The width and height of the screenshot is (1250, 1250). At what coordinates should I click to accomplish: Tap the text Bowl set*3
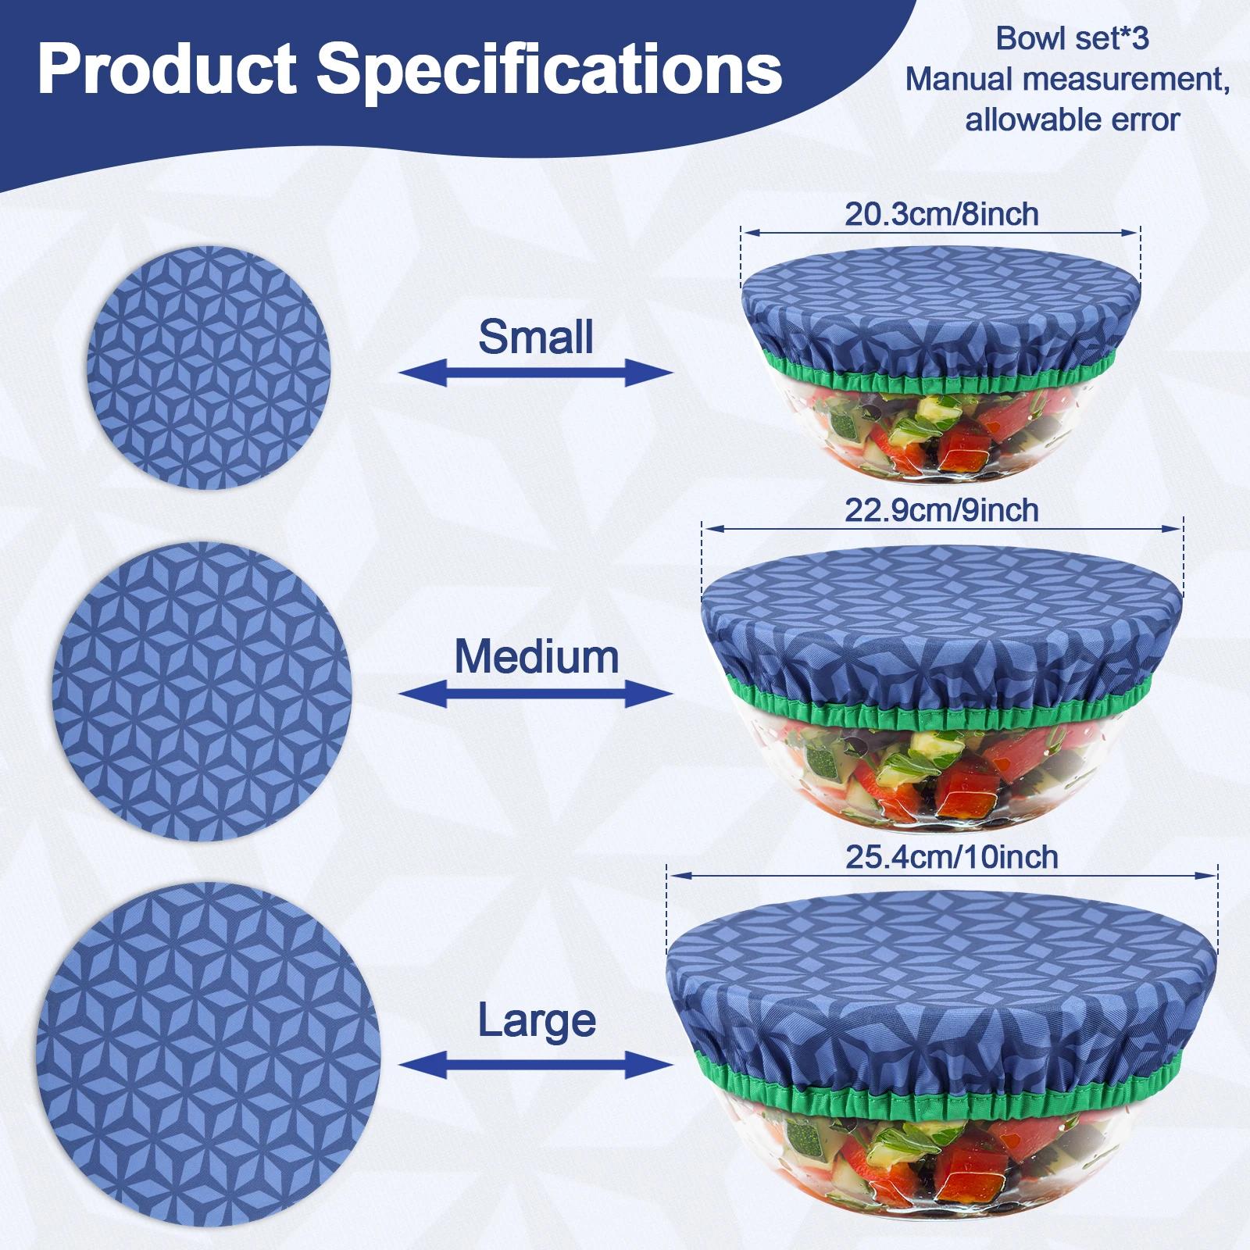coord(1072,38)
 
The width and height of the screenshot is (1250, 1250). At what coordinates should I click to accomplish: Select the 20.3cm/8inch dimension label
coord(941,214)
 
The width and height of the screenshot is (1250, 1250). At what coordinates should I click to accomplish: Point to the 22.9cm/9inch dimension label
coord(941,510)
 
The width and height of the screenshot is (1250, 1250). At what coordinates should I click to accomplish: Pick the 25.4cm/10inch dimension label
coord(952,857)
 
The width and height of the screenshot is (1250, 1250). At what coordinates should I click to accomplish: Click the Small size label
coord(536,337)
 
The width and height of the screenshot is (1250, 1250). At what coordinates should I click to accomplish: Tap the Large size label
coord(537,1021)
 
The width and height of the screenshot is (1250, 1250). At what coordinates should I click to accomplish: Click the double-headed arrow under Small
coord(536,372)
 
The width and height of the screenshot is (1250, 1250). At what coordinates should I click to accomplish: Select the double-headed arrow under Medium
coord(536,693)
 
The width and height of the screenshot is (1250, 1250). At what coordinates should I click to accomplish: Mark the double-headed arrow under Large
coord(536,1064)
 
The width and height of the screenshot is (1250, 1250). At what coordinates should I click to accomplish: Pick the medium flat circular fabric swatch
coord(202,691)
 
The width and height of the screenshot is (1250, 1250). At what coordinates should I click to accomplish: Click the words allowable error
coord(1072,120)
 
